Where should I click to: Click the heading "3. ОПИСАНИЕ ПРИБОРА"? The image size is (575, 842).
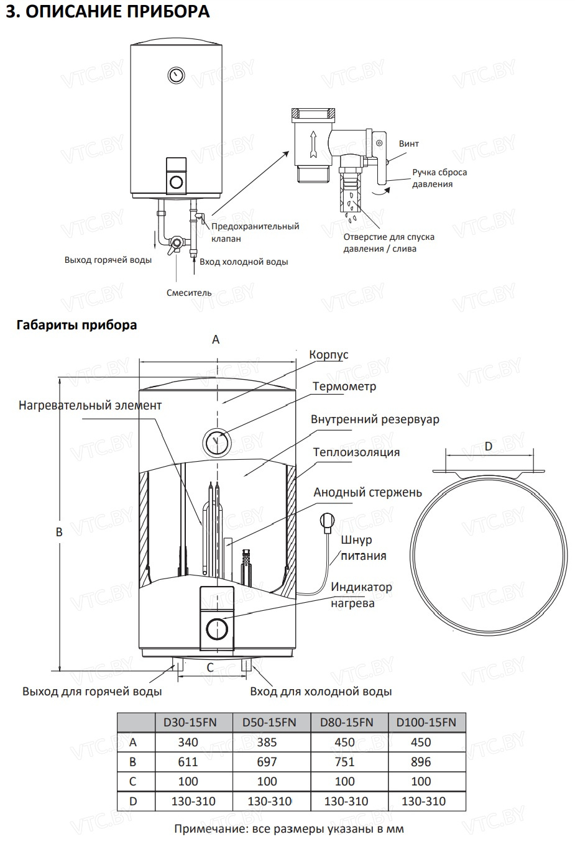click(x=107, y=12)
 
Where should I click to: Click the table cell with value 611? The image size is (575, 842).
click(x=188, y=762)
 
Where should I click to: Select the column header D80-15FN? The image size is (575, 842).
click(x=346, y=722)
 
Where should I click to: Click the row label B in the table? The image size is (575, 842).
click(x=133, y=762)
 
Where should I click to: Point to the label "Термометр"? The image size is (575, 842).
click(x=344, y=387)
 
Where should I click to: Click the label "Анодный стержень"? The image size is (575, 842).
click(x=367, y=493)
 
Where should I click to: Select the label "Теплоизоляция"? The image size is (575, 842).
click(x=356, y=452)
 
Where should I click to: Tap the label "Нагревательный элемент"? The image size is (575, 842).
click(x=90, y=406)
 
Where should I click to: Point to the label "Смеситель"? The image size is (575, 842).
click(x=189, y=293)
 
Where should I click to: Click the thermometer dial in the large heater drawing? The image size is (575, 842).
click(x=217, y=442)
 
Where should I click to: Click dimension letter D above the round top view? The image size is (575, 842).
click(x=488, y=446)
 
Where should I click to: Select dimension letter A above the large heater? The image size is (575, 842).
click(x=216, y=339)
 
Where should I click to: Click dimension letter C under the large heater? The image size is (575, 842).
click(x=210, y=667)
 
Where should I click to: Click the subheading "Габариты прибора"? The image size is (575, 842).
click(x=77, y=325)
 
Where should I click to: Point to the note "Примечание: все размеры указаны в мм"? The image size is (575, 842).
click(x=289, y=829)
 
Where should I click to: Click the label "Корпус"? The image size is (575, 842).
click(x=329, y=355)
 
